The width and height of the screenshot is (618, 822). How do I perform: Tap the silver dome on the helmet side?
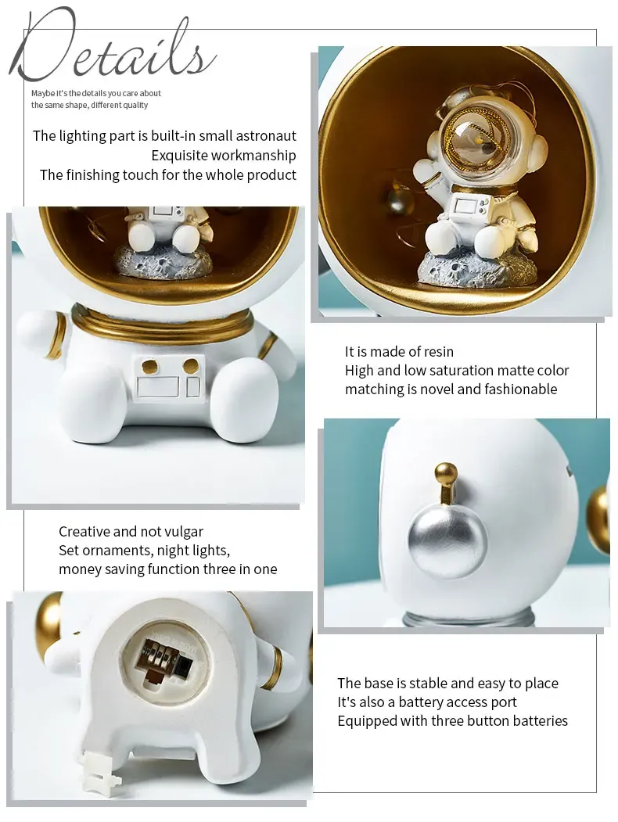coord(447,540)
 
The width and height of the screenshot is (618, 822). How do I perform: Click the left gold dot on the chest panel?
coord(150,366)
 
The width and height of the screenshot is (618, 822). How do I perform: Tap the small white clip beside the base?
coord(102,775)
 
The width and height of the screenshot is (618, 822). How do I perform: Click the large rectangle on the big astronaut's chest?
coord(158,386)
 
